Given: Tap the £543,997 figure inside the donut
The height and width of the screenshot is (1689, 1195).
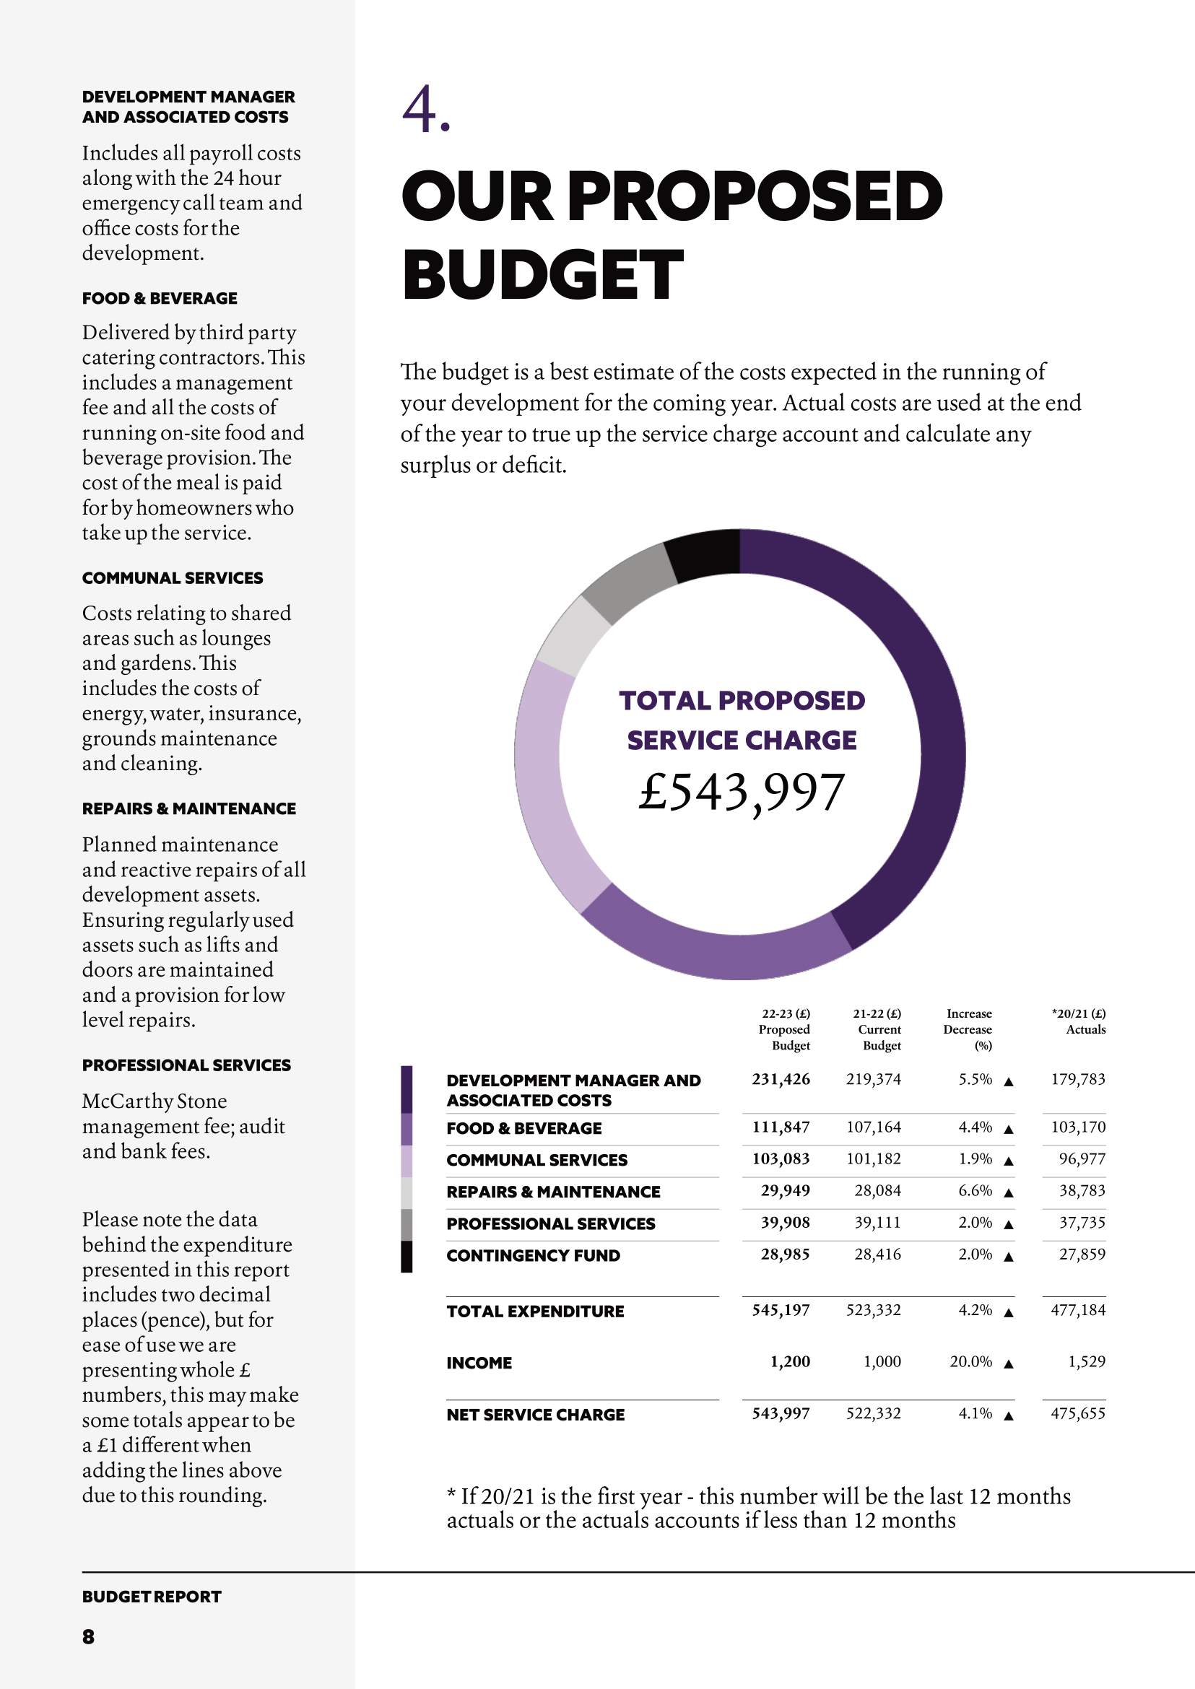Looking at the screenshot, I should (741, 793).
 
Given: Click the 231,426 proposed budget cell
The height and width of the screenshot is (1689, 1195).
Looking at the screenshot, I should (781, 1079).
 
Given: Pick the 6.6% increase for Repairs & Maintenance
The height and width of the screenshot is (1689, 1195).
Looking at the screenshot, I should (975, 1190).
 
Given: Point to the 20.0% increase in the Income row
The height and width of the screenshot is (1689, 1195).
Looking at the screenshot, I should (970, 1361).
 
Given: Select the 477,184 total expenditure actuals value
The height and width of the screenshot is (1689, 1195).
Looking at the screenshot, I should (1078, 1310).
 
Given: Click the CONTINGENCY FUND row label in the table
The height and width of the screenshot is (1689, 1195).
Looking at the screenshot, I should (533, 1256).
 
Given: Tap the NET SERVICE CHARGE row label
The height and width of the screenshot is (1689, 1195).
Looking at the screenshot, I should (535, 1415).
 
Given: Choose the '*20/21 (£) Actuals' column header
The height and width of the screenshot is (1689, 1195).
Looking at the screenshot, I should (1079, 1022).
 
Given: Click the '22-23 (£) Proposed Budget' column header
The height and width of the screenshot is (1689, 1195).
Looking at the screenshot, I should (785, 1029).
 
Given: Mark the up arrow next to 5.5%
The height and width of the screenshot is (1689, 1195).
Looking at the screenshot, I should (1009, 1081).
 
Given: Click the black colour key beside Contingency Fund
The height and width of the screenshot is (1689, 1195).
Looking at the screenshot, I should (407, 1257).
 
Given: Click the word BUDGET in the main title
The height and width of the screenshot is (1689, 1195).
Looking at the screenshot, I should (542, 275).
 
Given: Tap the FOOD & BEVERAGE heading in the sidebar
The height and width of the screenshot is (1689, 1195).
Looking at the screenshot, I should (160, 299).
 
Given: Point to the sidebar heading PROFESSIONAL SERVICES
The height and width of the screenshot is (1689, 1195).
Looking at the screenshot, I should (186, 1065).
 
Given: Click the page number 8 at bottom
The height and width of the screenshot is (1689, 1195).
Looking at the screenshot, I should (88, 1636).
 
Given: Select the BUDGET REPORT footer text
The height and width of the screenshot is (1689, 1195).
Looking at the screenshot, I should (152, 1597).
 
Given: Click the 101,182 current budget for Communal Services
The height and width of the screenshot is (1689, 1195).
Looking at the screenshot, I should (874, 1158).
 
